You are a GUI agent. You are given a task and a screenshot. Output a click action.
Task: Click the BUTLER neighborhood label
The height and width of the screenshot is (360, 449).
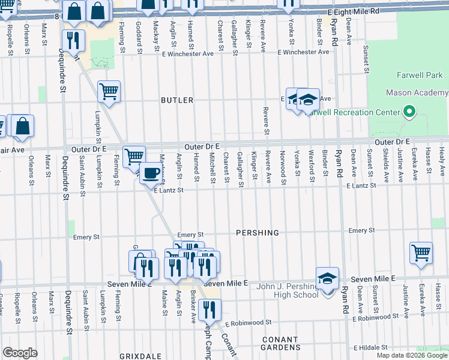click(177, 100)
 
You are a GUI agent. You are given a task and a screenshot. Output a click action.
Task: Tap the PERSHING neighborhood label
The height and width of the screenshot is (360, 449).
click(258, 232)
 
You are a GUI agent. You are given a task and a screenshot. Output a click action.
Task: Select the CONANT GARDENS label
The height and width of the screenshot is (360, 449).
click(281, 343)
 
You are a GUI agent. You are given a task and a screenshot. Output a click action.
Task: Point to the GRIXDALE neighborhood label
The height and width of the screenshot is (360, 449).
click(140, 356)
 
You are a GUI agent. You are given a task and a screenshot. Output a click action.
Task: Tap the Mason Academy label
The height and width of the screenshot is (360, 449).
click(417, 93)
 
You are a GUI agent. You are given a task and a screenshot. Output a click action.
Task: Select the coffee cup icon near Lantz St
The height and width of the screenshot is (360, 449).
click(150, 174)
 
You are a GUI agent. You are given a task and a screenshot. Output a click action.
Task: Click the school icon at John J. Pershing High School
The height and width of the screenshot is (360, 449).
click(327, 278)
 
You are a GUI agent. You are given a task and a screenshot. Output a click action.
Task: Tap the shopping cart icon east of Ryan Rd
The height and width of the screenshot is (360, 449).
click(421, 252)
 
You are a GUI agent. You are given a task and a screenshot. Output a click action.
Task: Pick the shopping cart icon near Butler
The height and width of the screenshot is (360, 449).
click(109, 92)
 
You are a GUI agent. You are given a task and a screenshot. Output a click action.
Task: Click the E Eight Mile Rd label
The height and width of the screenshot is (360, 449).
click(354, 11)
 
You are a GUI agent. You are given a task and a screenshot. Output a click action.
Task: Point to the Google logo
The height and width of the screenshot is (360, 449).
click(20, 353)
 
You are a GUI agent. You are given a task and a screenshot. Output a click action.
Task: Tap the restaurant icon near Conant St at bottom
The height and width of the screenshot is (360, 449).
click(209, 310)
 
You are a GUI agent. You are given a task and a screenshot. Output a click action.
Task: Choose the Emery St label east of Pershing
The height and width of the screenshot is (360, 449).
click(361, 230)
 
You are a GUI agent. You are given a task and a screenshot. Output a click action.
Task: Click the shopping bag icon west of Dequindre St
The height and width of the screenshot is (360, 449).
click(22, 126)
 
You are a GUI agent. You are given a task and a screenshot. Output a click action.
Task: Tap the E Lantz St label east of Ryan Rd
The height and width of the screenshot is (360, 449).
click(361, 186)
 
